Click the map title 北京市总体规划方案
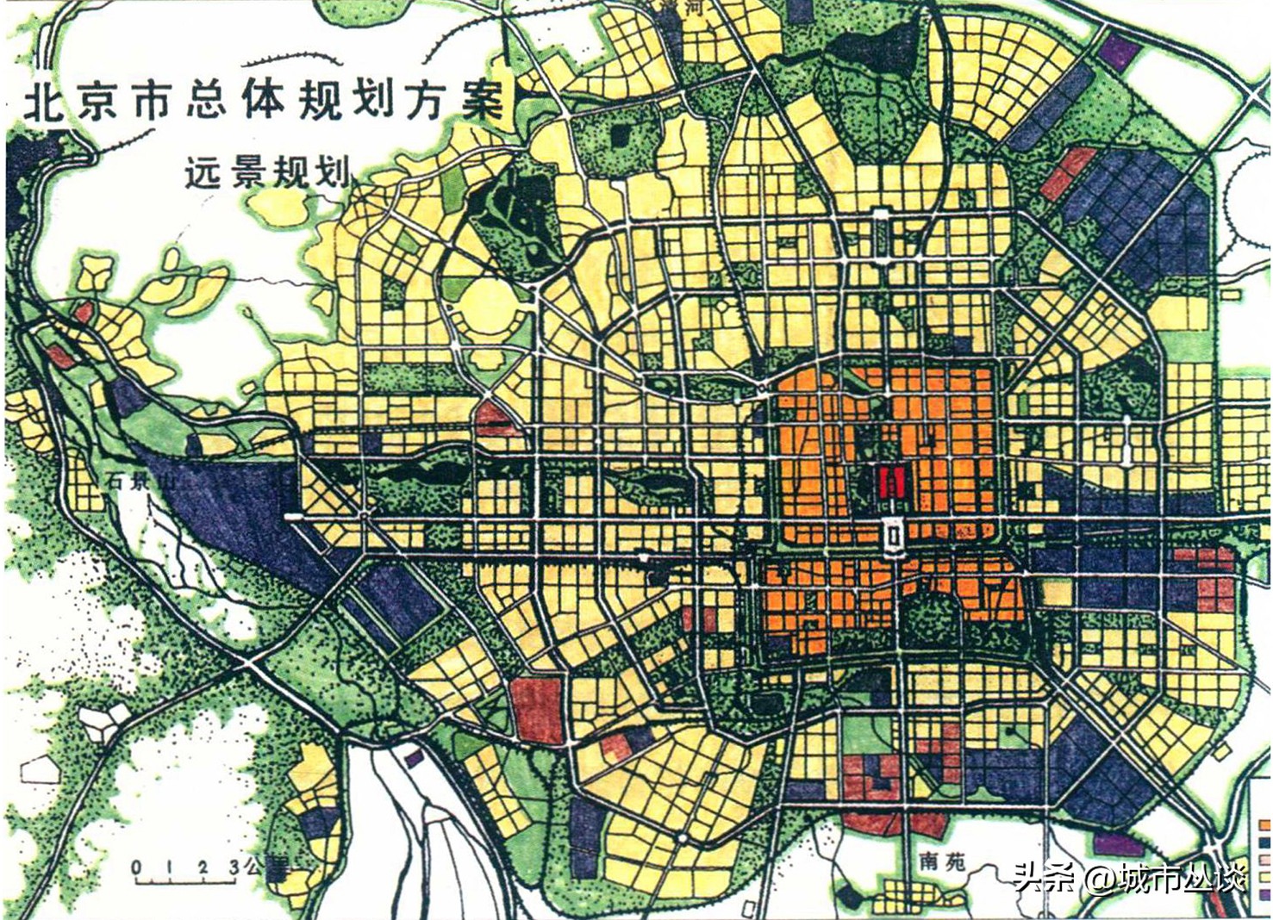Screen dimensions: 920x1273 click(x=263, y=102)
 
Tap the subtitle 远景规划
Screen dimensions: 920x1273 click(x=268, y=172)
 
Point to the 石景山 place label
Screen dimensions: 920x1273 click(x=138, y=481)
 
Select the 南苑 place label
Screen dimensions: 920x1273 click(x=942, y=860)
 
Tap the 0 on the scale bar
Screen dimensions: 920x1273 click(x=136, y=867)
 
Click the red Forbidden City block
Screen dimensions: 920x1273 click(x=890, y=482)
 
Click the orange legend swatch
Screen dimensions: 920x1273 click(x=1265, y=824)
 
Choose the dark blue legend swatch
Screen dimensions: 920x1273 click(x=1265, y=842)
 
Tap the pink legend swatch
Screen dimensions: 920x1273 click(x=1265, y=861)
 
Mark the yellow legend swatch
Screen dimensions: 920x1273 click(x=1265, y=878)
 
